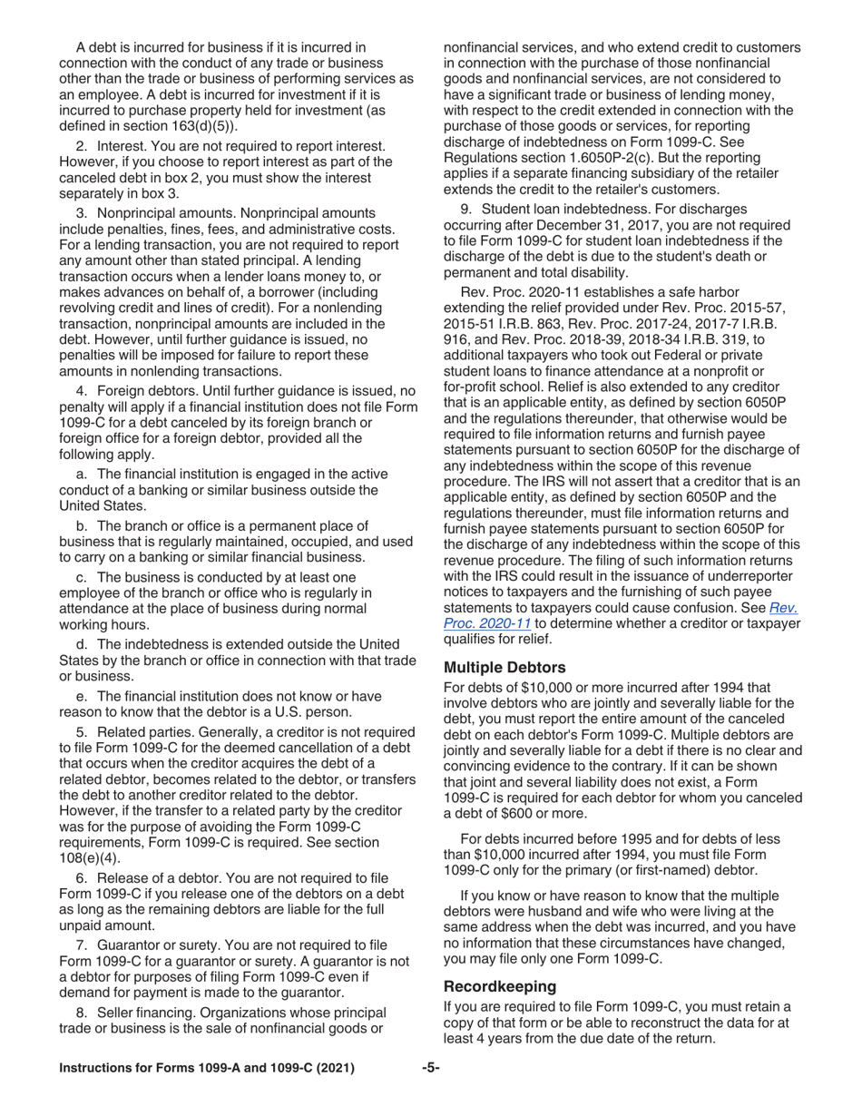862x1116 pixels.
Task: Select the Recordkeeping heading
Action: click(x=499, y=985)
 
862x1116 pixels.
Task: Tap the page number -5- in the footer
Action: click(x=431, y=1068)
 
